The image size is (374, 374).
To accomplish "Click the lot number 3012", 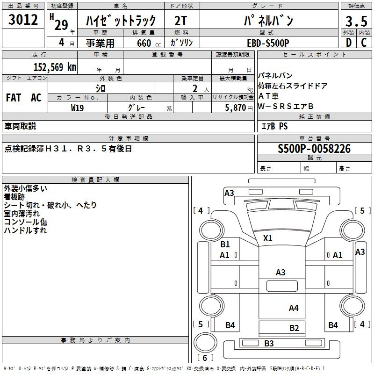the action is click(x=23, y=20).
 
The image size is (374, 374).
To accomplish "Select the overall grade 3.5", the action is click(x=356, y=21).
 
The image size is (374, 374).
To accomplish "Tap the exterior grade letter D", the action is click(x=348, y=43).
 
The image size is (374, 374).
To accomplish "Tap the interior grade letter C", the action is click(x=364, y=43).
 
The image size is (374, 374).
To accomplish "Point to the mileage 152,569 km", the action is click(x=55, y=67).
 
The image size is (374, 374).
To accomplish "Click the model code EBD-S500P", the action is click(x=268, y=43).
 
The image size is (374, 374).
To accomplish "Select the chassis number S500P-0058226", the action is click(x=314, y=149).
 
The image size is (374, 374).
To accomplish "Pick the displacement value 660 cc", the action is click(x=149, y=43).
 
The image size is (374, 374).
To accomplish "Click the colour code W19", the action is click(x=77, y=108).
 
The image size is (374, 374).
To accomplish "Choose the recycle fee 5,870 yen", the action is click(x=238, y=108).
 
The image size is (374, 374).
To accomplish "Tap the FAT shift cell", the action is click(x=14, y=98).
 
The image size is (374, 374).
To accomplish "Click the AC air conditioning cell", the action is click(x=36, y=98).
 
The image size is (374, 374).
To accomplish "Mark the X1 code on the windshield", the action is click(x=267, y=238).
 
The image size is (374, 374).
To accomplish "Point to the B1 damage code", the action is click(x=225, y=244).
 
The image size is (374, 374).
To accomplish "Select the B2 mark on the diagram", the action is click(x=294, y=328).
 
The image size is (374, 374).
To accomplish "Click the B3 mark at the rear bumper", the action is click(x=269, y=343).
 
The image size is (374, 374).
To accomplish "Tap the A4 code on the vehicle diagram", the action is click(x=294, y=308).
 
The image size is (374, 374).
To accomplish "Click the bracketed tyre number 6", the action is click(x=205, y=358).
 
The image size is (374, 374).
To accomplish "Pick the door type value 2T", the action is click(x=180, y=21).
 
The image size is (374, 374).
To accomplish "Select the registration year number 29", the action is click(x=61, y=25).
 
